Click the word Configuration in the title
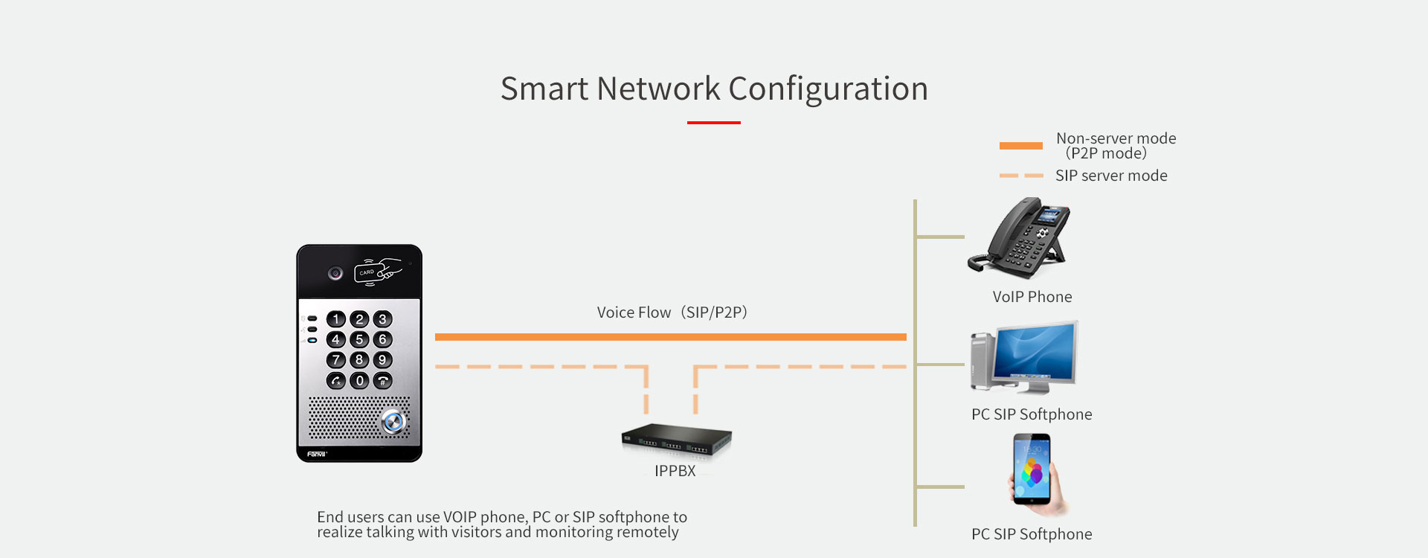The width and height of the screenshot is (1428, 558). click(828, 89)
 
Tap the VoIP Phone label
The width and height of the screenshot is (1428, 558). click(1032, 297)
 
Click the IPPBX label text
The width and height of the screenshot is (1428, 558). click(675, 471)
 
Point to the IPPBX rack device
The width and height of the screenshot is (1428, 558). click(676, 440)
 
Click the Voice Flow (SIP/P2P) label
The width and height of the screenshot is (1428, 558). click(672, 312)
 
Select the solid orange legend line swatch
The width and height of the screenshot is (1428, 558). click(1020, 146)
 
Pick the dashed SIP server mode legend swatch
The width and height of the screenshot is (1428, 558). click(1020, 176)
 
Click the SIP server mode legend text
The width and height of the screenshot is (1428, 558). click(1111, 176)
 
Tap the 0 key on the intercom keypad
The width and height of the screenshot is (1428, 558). click(359, 381)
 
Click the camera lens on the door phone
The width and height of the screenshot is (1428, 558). click(335, 274)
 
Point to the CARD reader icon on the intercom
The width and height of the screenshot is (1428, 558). click(376, 272)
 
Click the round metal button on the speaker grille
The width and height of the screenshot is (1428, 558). click(393, 422)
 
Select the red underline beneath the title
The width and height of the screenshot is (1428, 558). click(713, 123)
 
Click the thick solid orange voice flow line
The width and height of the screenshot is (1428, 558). click(670, 337)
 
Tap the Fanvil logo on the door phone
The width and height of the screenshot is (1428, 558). click(317, 453)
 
